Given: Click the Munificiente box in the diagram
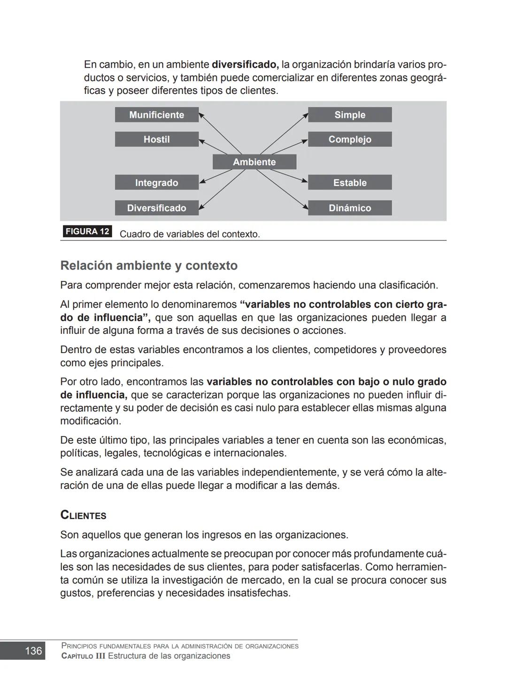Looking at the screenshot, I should click(x=156, y=115).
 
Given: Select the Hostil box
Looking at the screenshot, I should click(x=156, y=139).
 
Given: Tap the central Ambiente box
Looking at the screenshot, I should click(x=254, y=162).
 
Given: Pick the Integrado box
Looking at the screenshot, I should click(x=156, y=183).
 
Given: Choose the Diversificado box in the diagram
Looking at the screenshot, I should click(x=156, y=208).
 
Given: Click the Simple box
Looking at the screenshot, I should click(x=350, y=115).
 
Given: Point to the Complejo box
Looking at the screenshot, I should click(x=350, y=139).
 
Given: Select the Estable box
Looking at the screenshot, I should click(x=350, y=183).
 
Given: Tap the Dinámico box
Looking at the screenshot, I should click(x=350, y=208).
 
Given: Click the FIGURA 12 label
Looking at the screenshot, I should click(x=87, y=231).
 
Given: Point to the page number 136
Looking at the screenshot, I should click(x=33, y=651).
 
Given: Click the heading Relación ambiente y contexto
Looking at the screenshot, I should click(x=149, y=266).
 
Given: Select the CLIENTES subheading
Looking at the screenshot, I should click(x=84, y=516).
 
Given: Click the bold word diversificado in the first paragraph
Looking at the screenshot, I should click(x=245, y=64).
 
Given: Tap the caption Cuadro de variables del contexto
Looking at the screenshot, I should click(x=190, y=234).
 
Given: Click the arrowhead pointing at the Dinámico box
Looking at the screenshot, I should click(x=305, y=207).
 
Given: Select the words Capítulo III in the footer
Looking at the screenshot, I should click(x=83, y=656).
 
